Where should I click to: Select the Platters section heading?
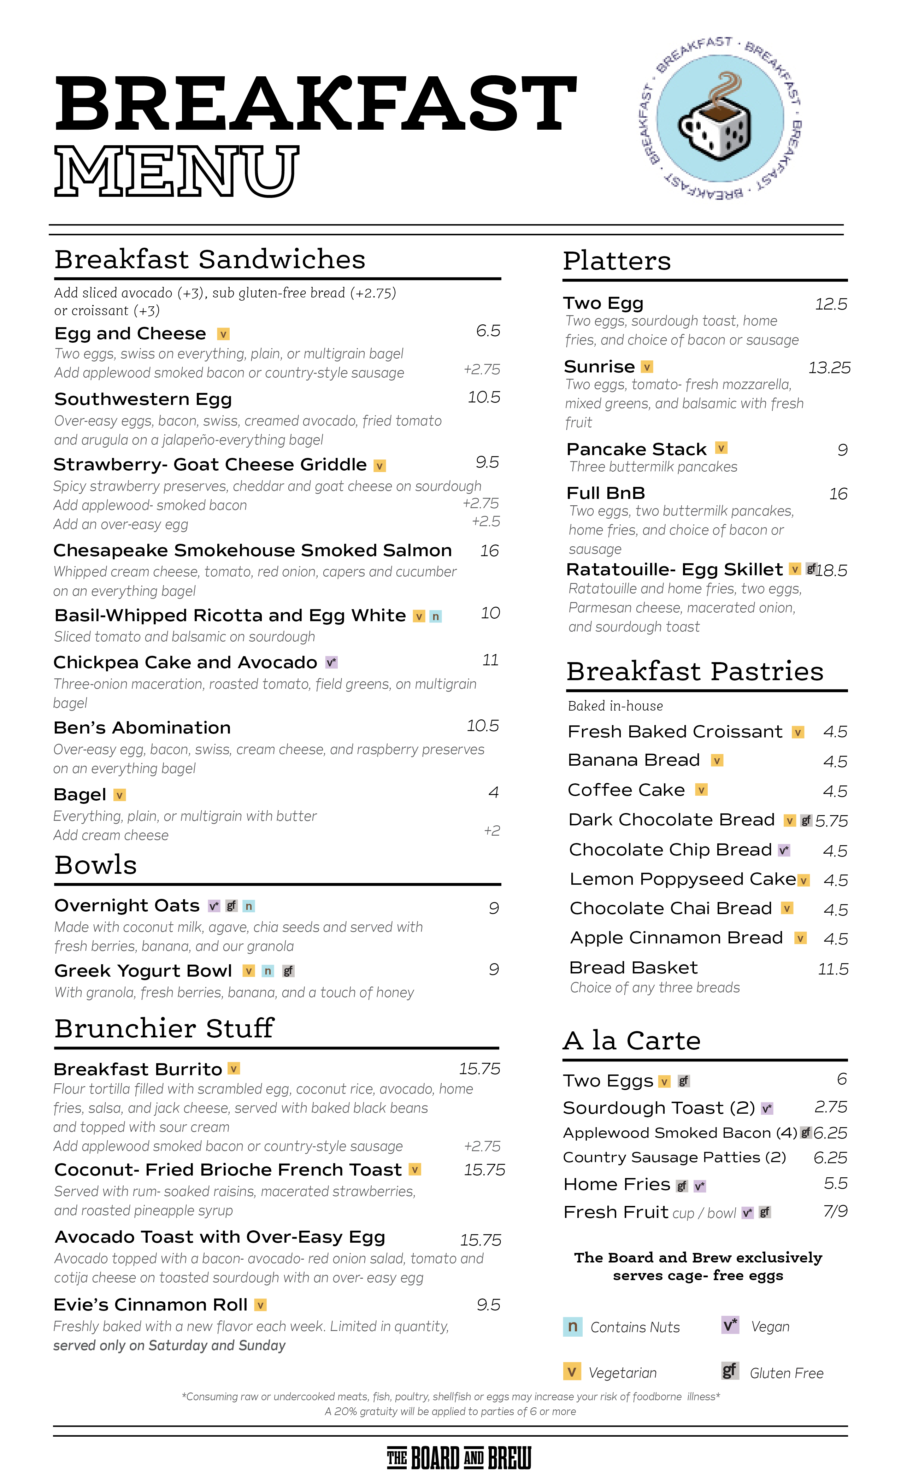tap(617, 261)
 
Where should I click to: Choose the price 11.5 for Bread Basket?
tap(833, 969)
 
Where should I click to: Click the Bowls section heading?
tap(96, 865)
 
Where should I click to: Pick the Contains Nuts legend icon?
tap(572, 1326)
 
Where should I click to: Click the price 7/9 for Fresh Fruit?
tap(835, 1211)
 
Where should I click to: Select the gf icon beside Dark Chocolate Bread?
tap(806, 820)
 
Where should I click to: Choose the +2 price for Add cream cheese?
tap(492, 831)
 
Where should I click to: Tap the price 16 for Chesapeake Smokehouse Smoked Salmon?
tap(489, 551)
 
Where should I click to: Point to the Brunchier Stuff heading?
tap(164, 1029)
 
